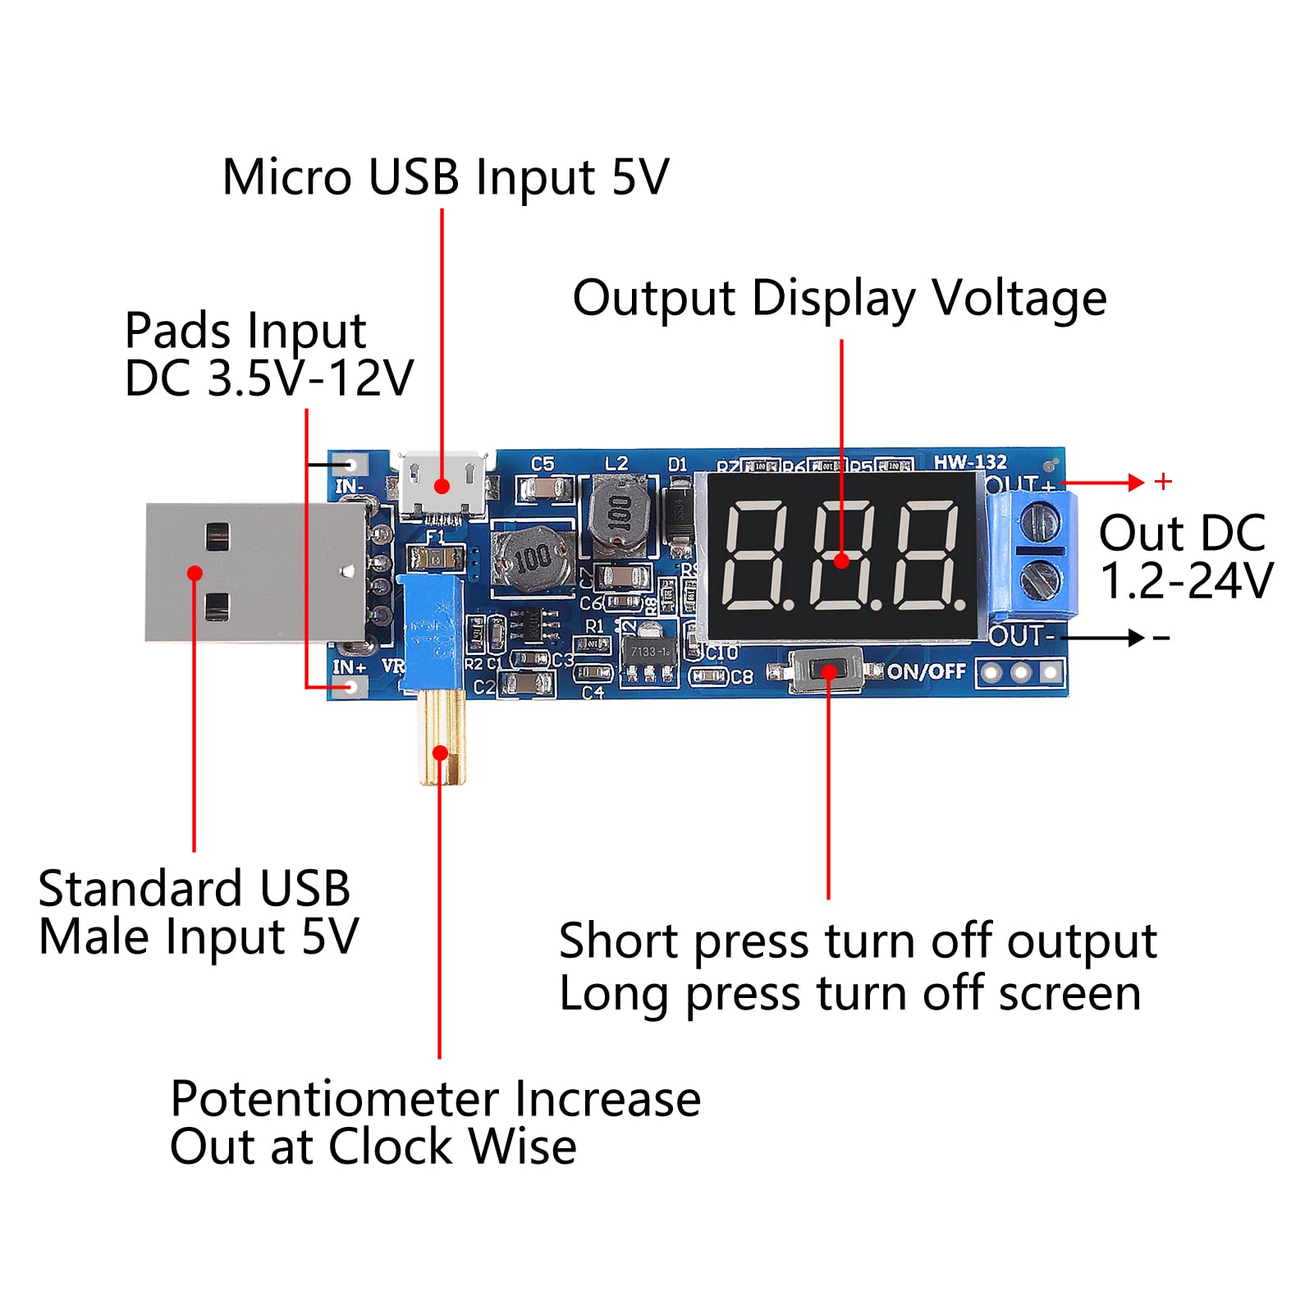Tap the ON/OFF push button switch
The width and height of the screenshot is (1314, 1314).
pyautogui.click(x=826, y=671)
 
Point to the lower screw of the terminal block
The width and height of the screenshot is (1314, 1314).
pyautogui.click(x=1040, y=579)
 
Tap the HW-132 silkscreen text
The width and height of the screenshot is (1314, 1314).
pyautogui.click(x=969, y=461)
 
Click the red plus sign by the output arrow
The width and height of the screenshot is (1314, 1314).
pyautogui.click(x=1162, y=482)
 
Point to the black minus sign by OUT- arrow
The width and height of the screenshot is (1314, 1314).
pyautogui.click(x=1161, y=638)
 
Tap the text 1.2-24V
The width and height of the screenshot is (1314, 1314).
pyautogui.click(x=1185, y=581)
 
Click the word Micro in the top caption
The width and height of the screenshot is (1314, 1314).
pyautogui.click(x=287, y=177)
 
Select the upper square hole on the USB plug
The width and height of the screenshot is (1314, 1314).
pyautogui.click(x=217, y=538)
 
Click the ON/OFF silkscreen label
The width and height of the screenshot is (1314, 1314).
pyautogui.click(x=926, y=671)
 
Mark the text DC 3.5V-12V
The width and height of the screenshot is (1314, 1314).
pyautogui.click(x=269, y=378)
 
